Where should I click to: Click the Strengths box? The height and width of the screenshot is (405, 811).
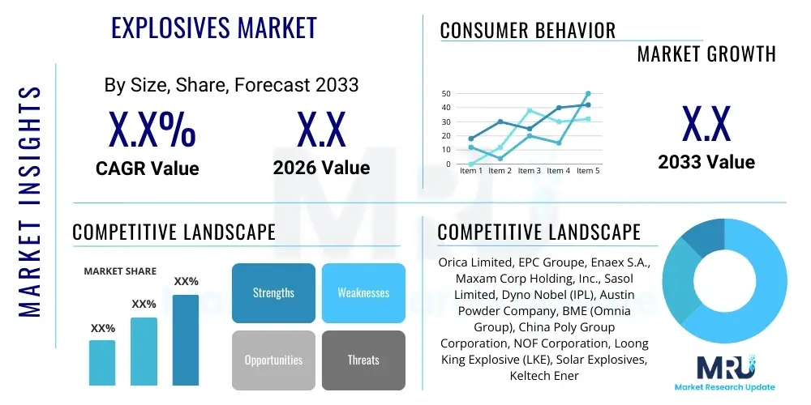coord(273,293)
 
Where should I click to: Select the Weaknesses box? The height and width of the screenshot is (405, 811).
coord(363,293)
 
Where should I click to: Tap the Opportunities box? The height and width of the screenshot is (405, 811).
coord(273,360)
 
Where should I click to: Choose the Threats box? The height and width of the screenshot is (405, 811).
coord(363,360)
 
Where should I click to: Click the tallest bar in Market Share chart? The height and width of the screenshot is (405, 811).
coord(186,340)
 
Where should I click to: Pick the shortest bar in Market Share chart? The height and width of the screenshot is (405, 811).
coord(102,363)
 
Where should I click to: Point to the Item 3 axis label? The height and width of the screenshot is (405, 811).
coord(529,170)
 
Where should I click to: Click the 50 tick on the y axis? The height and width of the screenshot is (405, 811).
coord(446,93)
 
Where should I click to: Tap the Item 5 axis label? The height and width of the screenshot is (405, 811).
coord(588,170)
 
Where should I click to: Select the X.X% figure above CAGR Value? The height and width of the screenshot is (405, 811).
coord(152,129)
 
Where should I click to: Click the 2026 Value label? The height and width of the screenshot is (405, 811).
coord(322,168)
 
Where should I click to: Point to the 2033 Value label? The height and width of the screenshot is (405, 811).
coord(706,162)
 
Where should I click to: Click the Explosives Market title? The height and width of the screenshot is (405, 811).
coord(214,28)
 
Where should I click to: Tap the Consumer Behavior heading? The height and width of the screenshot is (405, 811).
coord(528,31)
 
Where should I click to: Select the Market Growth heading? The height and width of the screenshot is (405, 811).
coord(706,53)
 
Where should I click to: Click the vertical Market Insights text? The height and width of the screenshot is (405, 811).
coord(29,202)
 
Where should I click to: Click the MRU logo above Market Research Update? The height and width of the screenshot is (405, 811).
coord(724,366)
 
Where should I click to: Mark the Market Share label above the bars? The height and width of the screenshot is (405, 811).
coord(120,271)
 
